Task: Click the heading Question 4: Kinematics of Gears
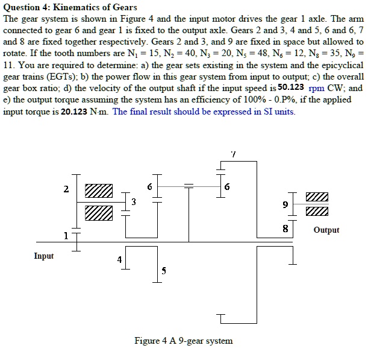(x=70, y=7)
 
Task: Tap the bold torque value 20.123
(x=75, y=111)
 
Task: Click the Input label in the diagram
(x=44, y=256)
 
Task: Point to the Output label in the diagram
(x=326, y=230)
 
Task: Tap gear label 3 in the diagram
(x=134, y=201)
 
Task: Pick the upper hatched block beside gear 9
(x=317, y=198)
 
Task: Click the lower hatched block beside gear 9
(x=317, y=212)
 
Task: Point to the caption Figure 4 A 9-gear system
(x=184, y=341)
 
